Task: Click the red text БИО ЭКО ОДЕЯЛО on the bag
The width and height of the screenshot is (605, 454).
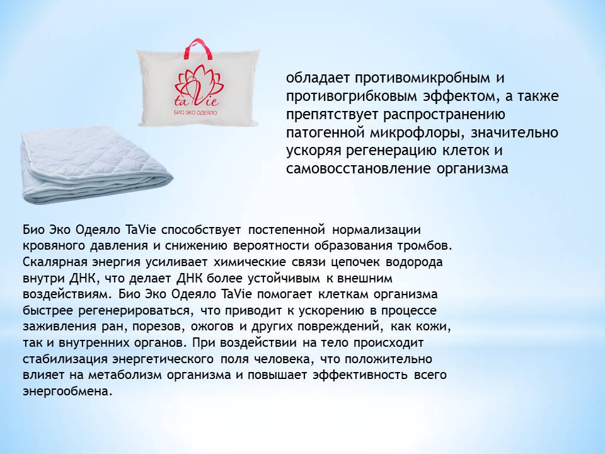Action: coord(195,113)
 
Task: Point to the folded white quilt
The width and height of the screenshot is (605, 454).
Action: coord(96,166)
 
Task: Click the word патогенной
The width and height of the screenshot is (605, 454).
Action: coord(326,133)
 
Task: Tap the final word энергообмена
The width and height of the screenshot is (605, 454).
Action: coord(67,392)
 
